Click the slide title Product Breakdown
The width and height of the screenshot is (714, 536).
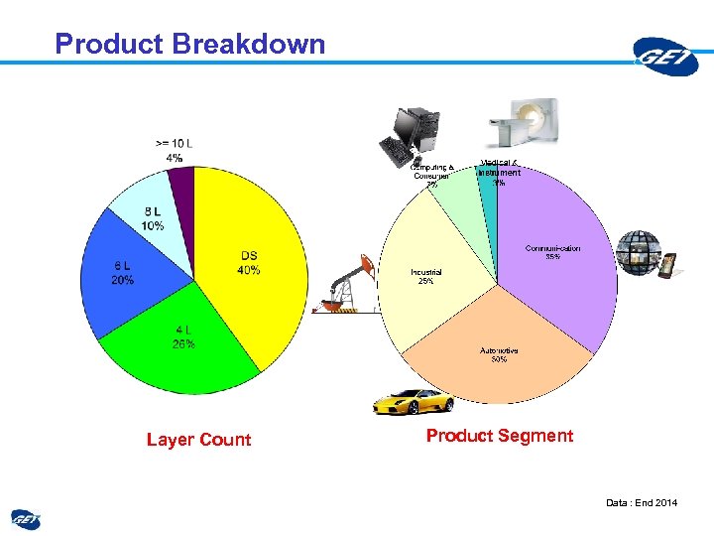(189, 44)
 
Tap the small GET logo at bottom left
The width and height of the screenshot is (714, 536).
(26, 518)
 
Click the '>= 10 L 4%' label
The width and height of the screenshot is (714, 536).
(175, 150)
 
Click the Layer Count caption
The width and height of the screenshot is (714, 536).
(198, 440)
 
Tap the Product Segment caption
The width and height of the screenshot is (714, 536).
(500, 436)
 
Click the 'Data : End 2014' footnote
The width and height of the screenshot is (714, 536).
(642, 503)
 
